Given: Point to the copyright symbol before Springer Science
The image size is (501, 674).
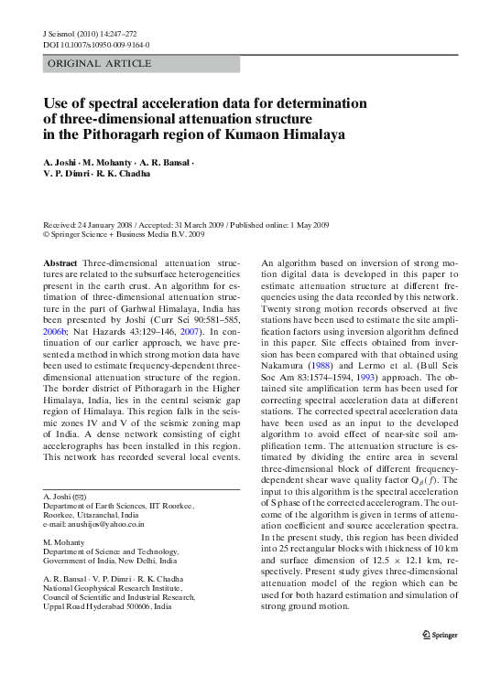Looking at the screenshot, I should [48, 235].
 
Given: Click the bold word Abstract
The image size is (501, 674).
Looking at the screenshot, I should [60, 262].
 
